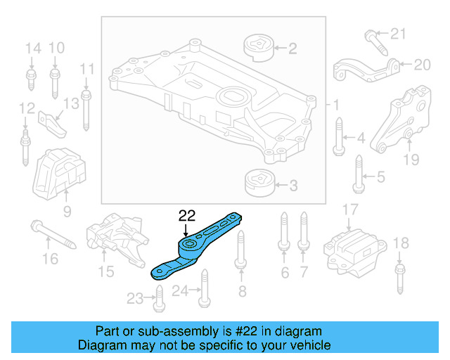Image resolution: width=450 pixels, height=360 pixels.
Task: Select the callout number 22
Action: (x=186, y=216)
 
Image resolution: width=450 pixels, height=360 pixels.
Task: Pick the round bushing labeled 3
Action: (x=258, y=185)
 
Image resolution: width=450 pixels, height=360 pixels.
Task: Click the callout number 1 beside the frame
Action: (x=336, y=105)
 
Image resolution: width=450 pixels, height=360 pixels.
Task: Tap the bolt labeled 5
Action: (x=358, y=176)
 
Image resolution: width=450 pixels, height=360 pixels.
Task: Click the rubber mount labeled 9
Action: (x=60, y=175)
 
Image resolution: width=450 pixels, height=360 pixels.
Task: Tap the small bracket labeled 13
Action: (x=53, y=121)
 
